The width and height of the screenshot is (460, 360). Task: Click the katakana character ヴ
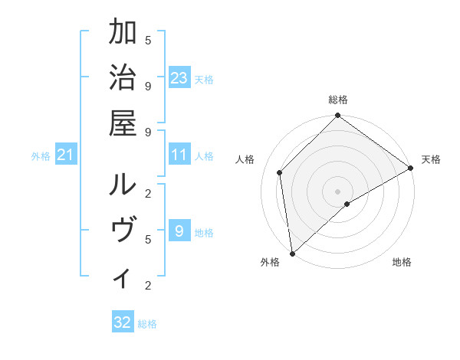[123, 231]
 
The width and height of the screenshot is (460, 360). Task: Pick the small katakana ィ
[123, 277]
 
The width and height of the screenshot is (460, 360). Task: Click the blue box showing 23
[179, 78]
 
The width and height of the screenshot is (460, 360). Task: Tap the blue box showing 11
[179, 155]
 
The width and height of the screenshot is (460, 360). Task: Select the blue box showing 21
[66, 155]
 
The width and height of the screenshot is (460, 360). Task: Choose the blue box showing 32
[123, 322]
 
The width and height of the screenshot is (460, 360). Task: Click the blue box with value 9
[179, 231]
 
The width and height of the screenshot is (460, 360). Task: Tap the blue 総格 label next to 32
[147, 324]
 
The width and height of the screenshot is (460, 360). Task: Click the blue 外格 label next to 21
[41, 156]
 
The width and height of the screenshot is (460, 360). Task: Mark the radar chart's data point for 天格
[411, 169]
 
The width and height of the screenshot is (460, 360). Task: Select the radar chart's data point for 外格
[292, 253]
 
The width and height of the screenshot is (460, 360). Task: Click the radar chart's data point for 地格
[347, 204]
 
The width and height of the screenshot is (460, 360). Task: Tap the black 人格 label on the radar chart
[245, 159]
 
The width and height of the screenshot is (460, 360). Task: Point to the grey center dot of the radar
[337, 191]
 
